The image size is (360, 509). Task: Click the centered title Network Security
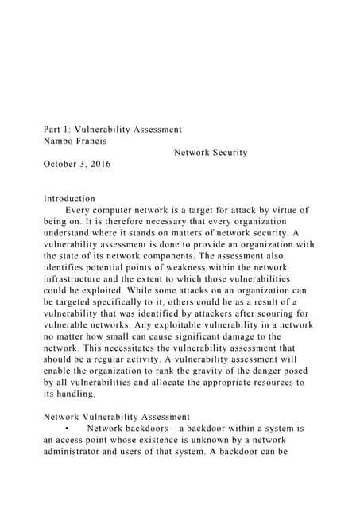click(x=210, y=153)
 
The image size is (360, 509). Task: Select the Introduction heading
click(x=70, y=199)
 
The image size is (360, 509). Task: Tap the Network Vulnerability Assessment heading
click(x=117, y=417)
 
